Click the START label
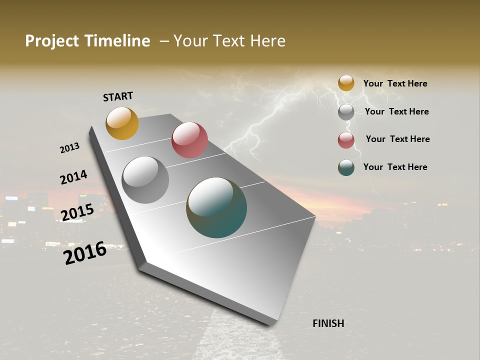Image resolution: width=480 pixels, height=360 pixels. (x=118, y=96)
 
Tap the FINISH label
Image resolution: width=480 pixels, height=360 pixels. (x=328, y=323)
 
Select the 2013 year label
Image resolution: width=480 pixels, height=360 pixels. (x=69, y=148)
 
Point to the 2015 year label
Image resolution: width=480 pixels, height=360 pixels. (x=77, y=212)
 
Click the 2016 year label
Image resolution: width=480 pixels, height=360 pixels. (x=85, y=253)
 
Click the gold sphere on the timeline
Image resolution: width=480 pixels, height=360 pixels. (x=122, y=123)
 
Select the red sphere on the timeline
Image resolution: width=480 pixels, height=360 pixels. (x=189, y=140)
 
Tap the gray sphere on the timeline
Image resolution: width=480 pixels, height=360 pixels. (x=145, y=180)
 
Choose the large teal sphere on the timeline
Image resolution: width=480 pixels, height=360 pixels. (x=216, y=207)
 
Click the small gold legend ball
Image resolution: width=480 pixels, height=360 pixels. (x=346, y=83)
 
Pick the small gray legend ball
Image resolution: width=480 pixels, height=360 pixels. (x=346, y=112)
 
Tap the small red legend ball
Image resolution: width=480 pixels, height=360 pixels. (x=346, y=140)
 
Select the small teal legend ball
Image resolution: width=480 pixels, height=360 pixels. (x=346, y=167)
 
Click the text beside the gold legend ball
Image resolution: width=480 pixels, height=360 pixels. (x=395, y=83)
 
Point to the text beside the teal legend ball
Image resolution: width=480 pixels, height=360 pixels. (x=395, y=167)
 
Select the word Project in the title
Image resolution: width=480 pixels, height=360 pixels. (x=51, y=41)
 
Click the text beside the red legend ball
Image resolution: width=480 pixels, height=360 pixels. (x=397, y=139)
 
